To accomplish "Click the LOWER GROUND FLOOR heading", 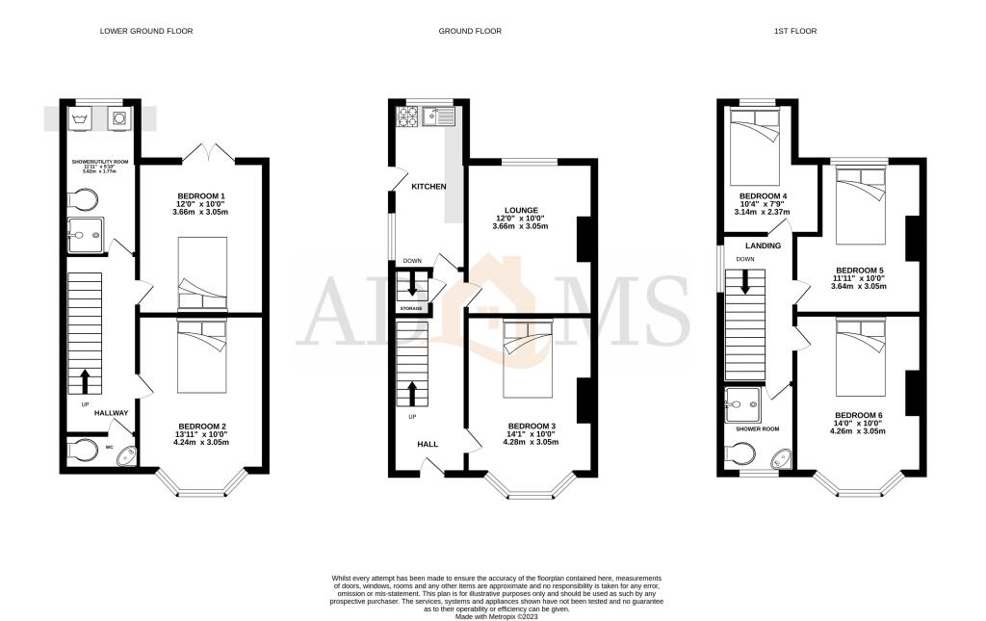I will coord(146,31).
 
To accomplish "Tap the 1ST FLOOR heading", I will coord(794,31).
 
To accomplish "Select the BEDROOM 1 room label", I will coord(200,196).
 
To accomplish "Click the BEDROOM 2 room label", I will coord(201,426).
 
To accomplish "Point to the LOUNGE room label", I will coord(521,209).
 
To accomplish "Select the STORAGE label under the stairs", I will coord(412,308).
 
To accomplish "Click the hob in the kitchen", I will coord(406,116).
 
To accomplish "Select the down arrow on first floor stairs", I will coord(745,282).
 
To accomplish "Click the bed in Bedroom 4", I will coord(757,141).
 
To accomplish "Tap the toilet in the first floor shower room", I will coord(741,453).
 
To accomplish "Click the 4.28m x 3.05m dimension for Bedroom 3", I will coord(533,442).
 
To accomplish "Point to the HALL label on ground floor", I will coord(426,445).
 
